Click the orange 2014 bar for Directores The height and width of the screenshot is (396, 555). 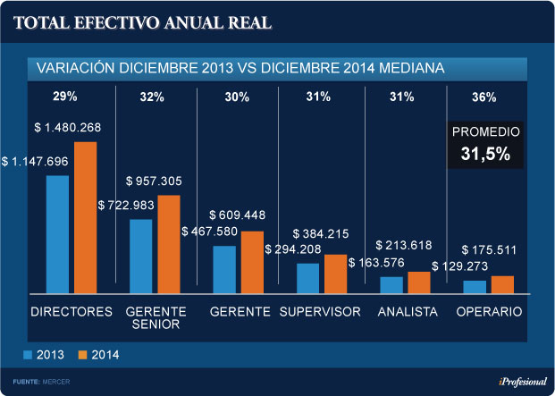[x=85, y=216]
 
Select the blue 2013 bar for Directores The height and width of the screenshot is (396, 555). [x=57, y=233]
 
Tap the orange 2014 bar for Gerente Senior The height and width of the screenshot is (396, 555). [x=169, y=243]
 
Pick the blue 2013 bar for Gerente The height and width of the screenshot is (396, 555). [x=224, y=269]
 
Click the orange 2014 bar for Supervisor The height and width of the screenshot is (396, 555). [x=335, y=274]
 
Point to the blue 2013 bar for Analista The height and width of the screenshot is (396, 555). [x=391, y=284]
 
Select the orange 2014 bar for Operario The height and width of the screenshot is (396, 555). [x=503, y=283]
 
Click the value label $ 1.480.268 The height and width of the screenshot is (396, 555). [x=67, y=128]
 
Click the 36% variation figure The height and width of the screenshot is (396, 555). [x=484, y=97]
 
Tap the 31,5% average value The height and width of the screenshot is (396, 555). [x=485, y=154]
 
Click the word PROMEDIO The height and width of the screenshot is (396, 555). [x=485, y=131]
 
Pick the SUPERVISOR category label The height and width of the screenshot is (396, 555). [x=320, y=312]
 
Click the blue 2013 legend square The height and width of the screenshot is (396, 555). [x=28, y=354]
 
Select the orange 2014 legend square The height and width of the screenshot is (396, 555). [x=81, y=354]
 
